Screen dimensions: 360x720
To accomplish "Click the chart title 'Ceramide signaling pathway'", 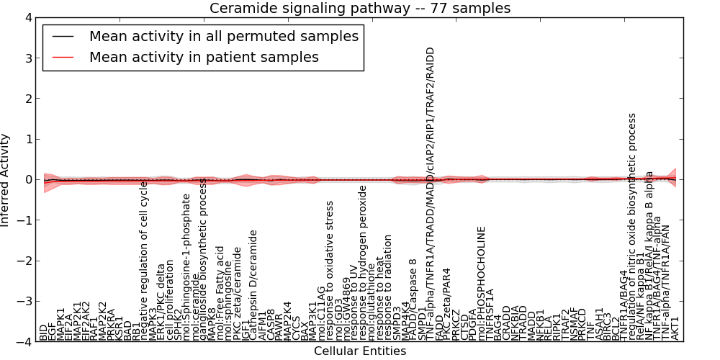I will pyautogui.click(x=360, y=8).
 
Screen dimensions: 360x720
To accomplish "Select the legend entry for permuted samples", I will pyautogui.click(x=223, y=36).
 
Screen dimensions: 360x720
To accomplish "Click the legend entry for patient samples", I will pyautogui.click(x=204, y=57).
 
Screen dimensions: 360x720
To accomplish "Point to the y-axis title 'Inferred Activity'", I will pyautogui.click(x=6, y=180).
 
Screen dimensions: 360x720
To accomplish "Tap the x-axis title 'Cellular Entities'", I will pyautogui.click(x=360, y=351).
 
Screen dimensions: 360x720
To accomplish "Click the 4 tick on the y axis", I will pyautogui.click(x=27, y=17).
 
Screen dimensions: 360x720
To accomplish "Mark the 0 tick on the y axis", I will pyautogui.click(x=27, y=179).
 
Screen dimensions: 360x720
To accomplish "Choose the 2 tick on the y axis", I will pyautogui.click(x=27, y=99).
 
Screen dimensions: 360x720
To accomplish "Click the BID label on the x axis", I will pyautogui.click(x=43, y=333).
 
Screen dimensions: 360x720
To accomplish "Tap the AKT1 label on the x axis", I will pyautogui.click(x=675, y=328).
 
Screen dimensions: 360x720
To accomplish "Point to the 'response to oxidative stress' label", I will pyautogui.click(x=330, y=281).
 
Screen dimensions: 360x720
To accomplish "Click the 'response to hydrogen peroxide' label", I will pyautogui.click(x=364, y=264).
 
